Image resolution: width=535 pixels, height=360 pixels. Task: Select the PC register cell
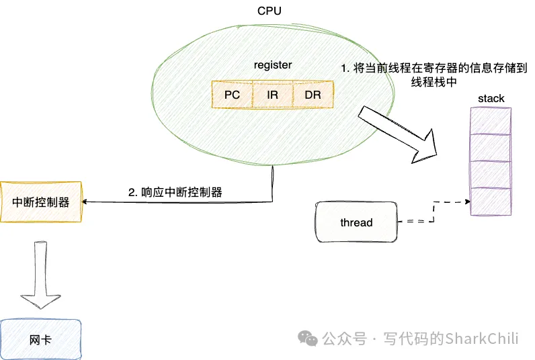point(232,95)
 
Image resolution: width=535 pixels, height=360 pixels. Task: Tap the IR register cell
point(272,95)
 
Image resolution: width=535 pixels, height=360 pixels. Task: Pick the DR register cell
point(313,95)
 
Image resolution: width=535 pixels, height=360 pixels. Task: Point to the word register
point(272,65)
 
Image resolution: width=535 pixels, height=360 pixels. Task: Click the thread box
point(356,222)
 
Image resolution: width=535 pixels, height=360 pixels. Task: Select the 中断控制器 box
point(41,201)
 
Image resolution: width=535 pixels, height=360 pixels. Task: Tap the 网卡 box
point(40,340)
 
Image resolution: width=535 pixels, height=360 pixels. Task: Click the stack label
point(491,99)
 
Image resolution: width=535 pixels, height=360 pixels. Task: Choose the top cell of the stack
point(490,122)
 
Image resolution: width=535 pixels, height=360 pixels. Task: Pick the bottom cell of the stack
point(490,201)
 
